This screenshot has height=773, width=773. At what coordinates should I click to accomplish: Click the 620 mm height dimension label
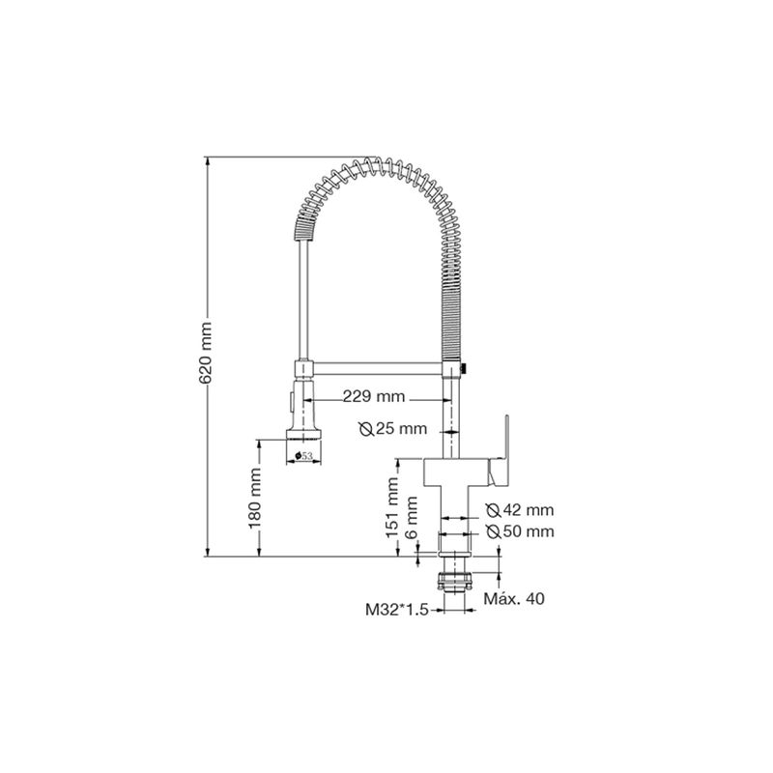coord(206,353)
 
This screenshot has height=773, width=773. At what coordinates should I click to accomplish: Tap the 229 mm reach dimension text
coord(374,396)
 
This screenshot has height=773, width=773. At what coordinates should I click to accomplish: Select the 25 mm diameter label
coord(393,429)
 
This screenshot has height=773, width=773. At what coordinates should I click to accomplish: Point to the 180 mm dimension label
coord(255,499)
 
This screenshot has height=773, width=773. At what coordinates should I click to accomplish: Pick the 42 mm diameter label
coord(520,510)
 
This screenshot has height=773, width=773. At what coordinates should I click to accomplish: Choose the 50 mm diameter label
coord(520,531)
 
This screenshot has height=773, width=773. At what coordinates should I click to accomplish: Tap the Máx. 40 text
coord(514,598)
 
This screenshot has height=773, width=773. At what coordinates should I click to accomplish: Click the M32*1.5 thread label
coord(397,610)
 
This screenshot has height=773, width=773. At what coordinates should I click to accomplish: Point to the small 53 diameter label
coord(303,456)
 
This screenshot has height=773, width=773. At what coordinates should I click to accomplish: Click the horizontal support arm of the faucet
coord(378,368)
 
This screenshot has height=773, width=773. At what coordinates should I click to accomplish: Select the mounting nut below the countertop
coord(454,582)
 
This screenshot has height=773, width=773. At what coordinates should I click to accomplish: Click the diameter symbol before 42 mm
coord(493,510)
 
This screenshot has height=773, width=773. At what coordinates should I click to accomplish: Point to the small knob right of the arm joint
coord(463,368)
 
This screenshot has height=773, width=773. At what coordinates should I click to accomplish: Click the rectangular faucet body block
coord(455,472)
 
